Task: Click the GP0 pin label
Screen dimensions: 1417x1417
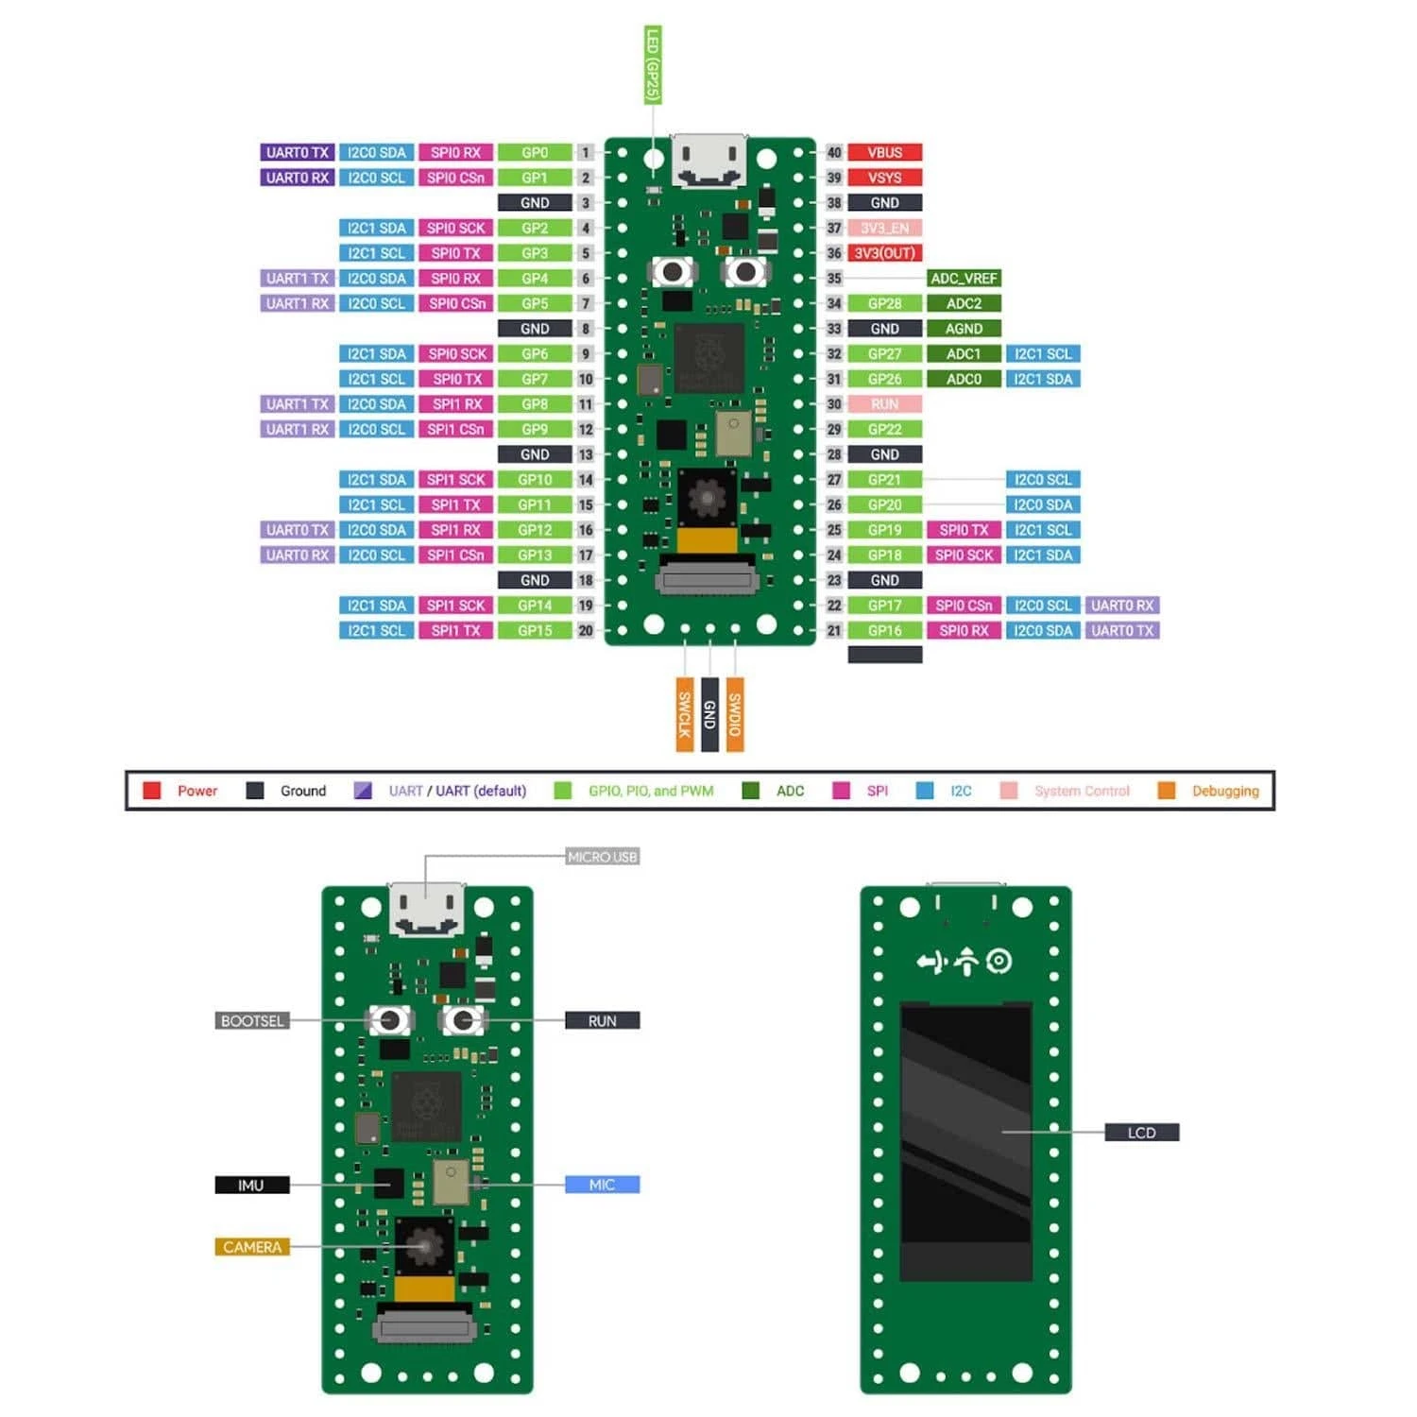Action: point(535,153)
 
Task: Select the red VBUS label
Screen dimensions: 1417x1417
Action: point(884,153)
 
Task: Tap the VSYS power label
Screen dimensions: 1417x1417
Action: point(884,178)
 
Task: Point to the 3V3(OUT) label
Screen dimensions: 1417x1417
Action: point(884,253)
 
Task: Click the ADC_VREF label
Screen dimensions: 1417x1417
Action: point(964,279)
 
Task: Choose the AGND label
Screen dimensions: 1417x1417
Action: point(964,329)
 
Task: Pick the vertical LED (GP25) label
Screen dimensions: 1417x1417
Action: point(653,64)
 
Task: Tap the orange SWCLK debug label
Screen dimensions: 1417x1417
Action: point(685,714)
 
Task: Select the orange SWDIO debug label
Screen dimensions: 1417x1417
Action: point(735,714)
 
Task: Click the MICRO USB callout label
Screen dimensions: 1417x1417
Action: point(603,857)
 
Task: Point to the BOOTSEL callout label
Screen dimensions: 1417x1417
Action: point(251,1021)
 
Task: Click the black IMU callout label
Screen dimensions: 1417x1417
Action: point(251,1185)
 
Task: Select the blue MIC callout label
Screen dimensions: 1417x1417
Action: point(602,1185)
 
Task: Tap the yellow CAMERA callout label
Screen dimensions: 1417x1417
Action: point(251,1247)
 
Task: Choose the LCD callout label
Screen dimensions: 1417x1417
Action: point(1141,1133)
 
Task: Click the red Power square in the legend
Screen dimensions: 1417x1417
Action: point(151,791)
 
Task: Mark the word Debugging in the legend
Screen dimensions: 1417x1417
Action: point(1225,791)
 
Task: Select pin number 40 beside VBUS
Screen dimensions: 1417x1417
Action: point(834,153)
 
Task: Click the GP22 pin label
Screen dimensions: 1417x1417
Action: point(884,430)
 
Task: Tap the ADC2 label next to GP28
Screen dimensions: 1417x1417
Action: point(964,304)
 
